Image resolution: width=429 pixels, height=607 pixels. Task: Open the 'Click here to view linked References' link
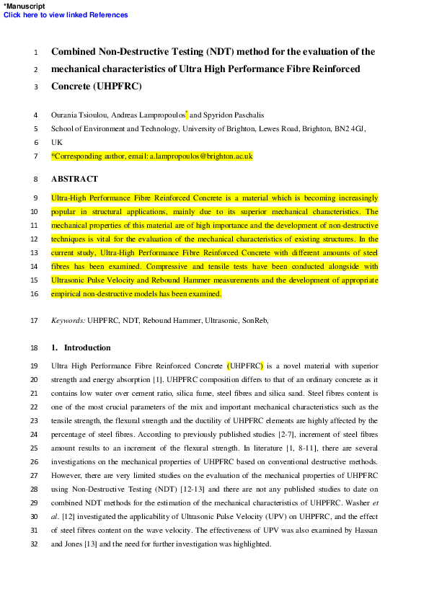66,14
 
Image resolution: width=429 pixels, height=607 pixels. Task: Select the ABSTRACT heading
74,179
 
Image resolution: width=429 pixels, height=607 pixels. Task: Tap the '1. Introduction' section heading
81,347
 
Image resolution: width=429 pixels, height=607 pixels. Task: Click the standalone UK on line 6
57,142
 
